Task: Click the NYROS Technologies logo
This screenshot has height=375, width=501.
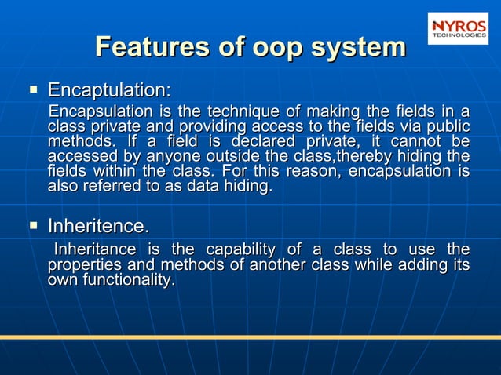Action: click(x=458, y=27)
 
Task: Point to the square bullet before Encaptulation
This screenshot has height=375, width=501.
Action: click(x=34, y=88)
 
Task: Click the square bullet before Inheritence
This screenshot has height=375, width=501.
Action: click(x=34, y=227)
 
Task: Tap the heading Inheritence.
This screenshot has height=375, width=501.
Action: click(x=98, y=227)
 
